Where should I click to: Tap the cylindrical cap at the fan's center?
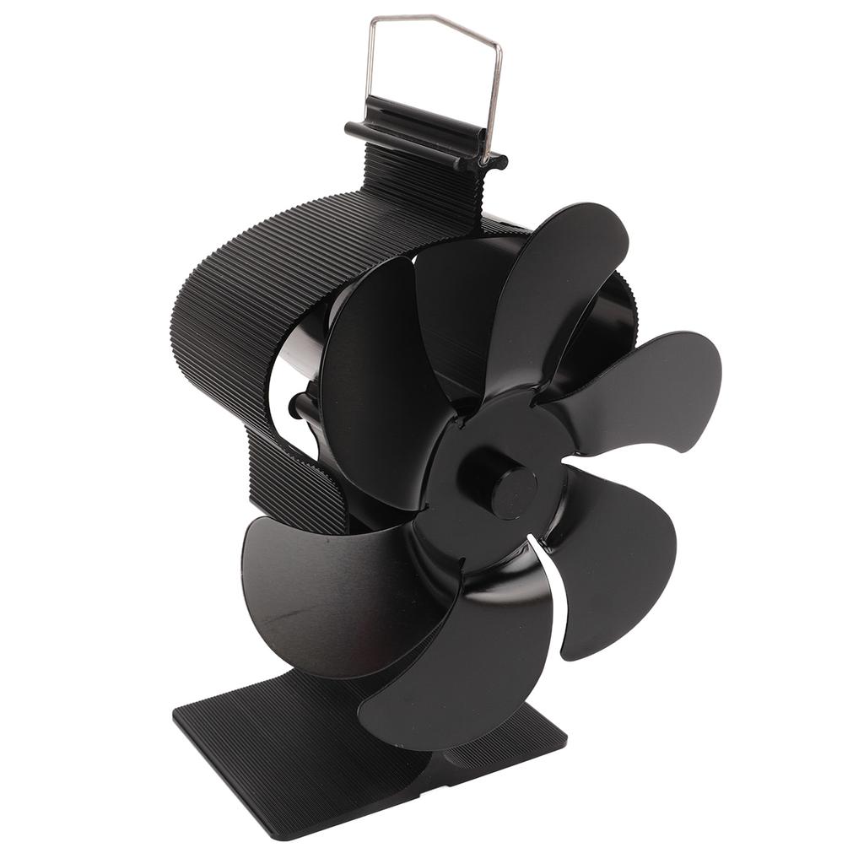pyautogui.click(x=512, y=491)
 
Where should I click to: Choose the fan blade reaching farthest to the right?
pyautogui.click(x=650, y=388)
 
